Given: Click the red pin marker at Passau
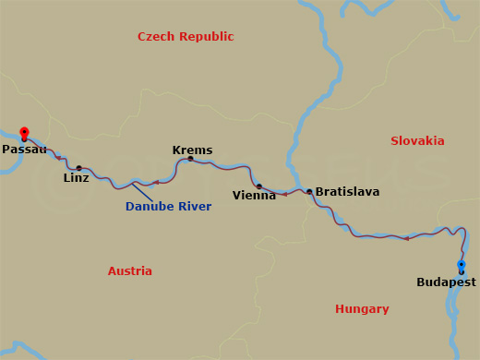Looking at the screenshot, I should click(x=24, y=132).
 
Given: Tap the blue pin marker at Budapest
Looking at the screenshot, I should click(x=462, y=266).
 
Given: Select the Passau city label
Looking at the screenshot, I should click(x=24, y=149).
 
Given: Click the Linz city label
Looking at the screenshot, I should click(x=77, y=177).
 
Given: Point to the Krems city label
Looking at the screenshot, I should click(x=192, y=150).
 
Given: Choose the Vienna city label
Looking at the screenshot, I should click(x=254, y=195).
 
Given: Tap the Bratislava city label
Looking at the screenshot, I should click(x=347, y=192).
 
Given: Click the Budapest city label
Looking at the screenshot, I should click(x=446, y=282).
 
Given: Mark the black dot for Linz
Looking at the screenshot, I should click(x=78, y=168).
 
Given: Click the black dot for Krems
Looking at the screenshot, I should click(x=190, y=159).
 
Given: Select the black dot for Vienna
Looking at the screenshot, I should click(x=259, y=186).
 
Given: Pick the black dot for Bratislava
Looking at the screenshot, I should click(x=309, y=192).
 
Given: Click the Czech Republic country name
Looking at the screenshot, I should click(x=186, y=37).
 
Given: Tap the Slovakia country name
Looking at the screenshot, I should click(x=417, y=141).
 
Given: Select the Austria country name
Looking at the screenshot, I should click(x=130, y=271).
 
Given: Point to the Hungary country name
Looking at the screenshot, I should click(x=362, y=309).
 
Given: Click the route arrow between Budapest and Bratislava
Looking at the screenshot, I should click(x=405, y=238).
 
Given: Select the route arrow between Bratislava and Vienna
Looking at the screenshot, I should click(x=284, y=194).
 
